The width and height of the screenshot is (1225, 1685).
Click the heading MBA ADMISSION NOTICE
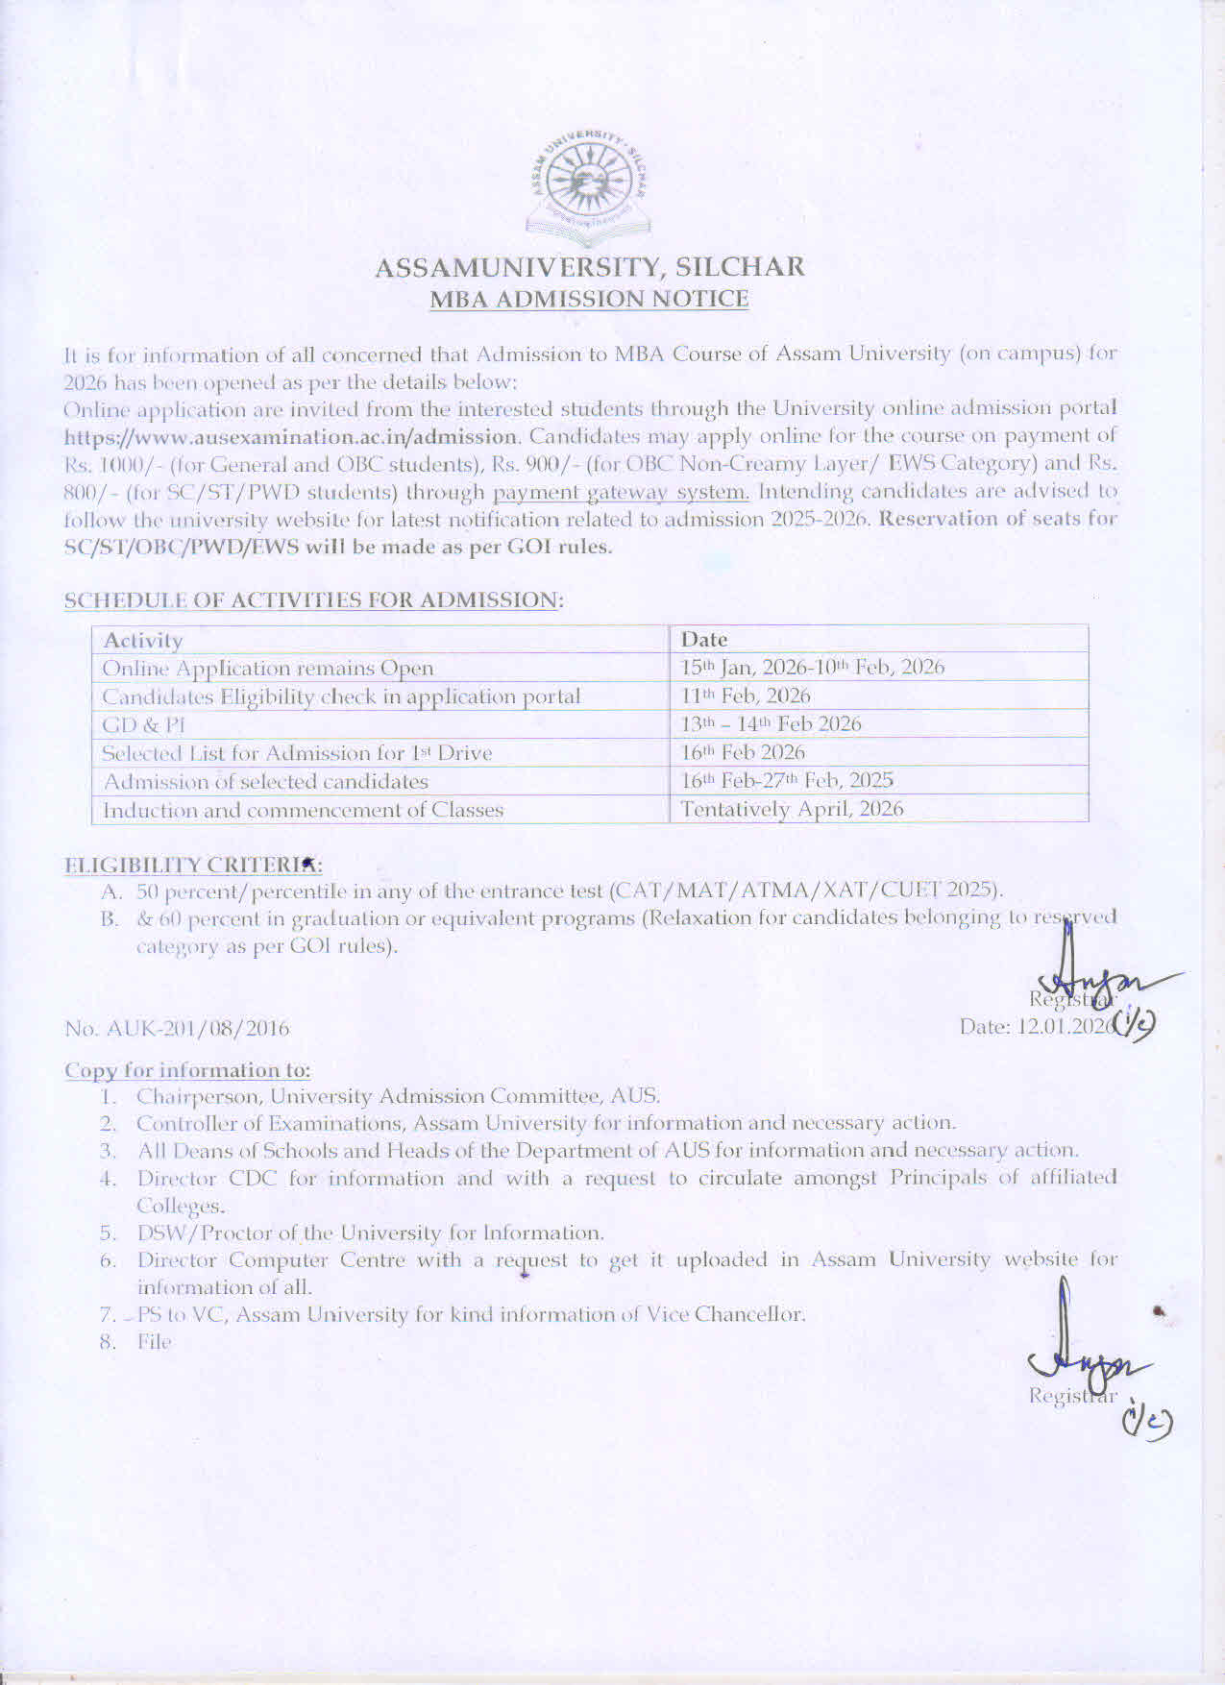point(589,299)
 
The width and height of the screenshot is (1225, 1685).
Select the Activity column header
point(142,640)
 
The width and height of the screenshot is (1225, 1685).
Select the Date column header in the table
point(704,639)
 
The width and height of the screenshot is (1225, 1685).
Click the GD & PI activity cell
point(143,724)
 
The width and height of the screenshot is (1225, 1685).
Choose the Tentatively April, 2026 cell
point(792,809)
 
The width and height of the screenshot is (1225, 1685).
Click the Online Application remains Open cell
point(268,668)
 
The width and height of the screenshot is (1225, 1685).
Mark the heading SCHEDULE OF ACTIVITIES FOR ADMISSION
point(312,600)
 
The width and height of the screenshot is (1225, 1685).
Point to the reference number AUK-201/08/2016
point(177,1029)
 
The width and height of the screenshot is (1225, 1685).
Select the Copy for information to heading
point(187,1070)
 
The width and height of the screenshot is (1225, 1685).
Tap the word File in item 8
point(154,1342)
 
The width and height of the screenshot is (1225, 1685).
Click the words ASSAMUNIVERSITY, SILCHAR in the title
point(589,267)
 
